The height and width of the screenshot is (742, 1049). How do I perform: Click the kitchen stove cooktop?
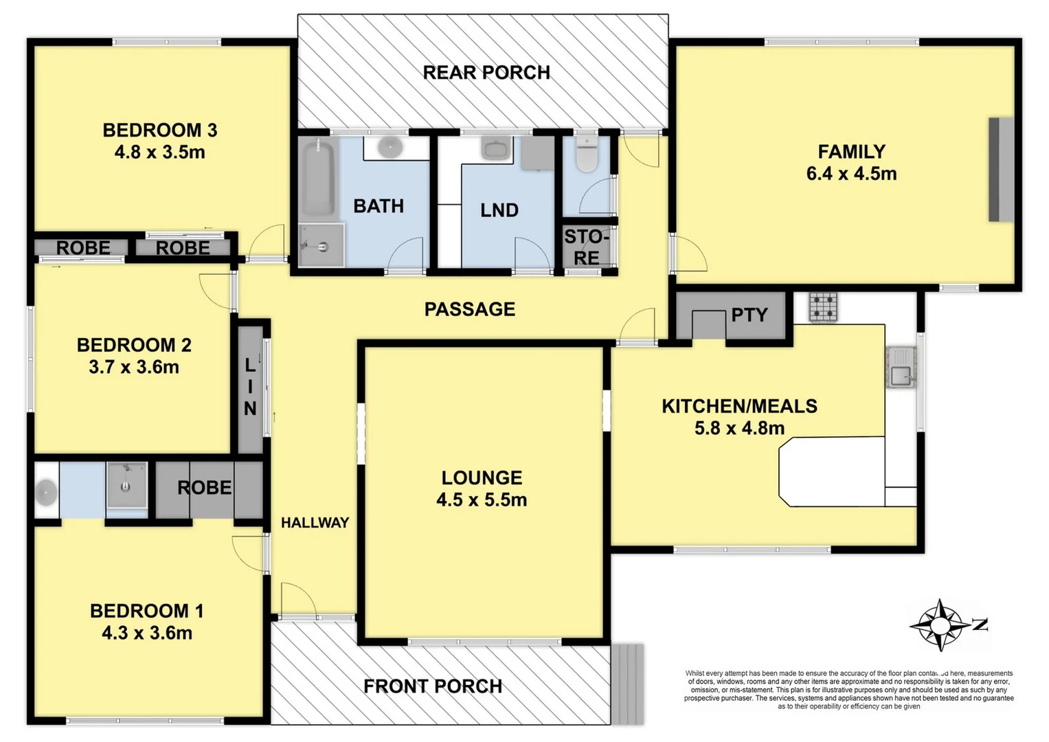coord(823,307)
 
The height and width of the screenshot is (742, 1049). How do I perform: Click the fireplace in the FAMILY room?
coord(1001,170)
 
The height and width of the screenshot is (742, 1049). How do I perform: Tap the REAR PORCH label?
coord(486,73)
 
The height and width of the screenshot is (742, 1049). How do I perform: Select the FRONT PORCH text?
coord(433,686)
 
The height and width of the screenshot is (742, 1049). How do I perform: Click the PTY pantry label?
coord(749,315)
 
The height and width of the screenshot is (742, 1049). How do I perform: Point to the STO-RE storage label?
coord(586,247)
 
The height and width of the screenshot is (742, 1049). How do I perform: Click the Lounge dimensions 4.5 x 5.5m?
coord(482,499)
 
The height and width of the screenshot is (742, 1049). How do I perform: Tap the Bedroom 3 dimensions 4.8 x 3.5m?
coord(159,152)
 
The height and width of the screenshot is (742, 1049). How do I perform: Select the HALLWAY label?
coord(315,523)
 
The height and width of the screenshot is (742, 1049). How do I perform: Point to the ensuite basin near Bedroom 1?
coord(46,491)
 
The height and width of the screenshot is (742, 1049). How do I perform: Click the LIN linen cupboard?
coord(250,387)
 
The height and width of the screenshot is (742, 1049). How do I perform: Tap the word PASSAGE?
coord(470,309)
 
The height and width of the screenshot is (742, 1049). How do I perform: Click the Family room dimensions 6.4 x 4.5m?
coord(851,174)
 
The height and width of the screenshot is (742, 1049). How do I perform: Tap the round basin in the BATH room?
coord(390,146)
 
